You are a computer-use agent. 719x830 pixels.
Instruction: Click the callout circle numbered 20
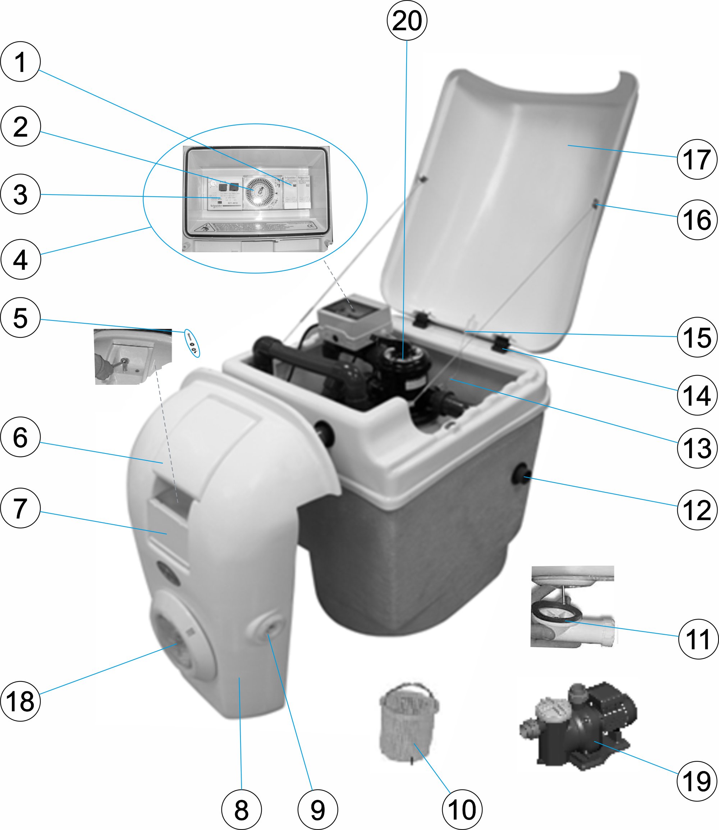tap(407, 20)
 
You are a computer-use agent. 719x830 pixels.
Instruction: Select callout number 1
tap(20, 62)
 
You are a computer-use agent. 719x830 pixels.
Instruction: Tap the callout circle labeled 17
tap(697, 159)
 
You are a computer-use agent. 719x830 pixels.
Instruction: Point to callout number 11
tap(698, 639)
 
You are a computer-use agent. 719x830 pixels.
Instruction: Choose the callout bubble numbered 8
tap(241, 810)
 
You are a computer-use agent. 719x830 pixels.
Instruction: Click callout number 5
tap(20, 318)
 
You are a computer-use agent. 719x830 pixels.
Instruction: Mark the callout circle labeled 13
tap(697, 448)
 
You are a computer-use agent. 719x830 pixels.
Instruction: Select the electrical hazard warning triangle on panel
tap(204, 229)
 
